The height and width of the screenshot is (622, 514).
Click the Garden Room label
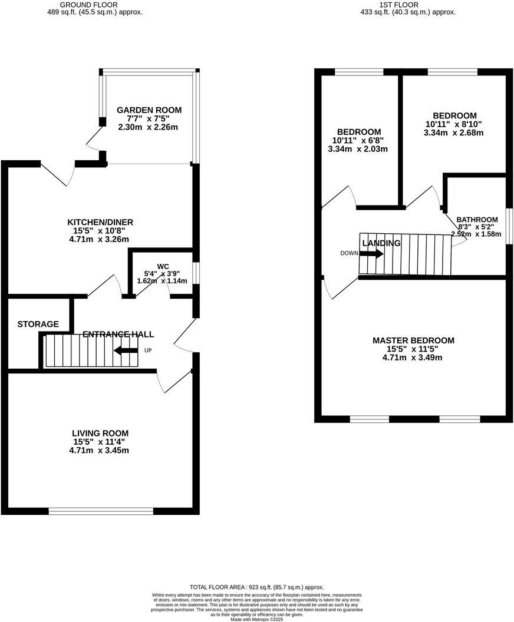point(149,110)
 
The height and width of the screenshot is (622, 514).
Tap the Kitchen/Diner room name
point(100,222)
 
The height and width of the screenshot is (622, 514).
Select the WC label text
point(163,266)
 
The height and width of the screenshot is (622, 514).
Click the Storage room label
point(38,324)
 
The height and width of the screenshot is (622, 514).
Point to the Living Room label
point(100,433)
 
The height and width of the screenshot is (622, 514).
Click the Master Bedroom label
point(413,340)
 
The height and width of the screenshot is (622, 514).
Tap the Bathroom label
point(477,219)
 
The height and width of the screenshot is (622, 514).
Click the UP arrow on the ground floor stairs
point(126,351)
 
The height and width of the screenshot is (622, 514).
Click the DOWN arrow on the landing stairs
point(371,254)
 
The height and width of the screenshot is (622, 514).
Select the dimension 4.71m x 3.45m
point(100,451)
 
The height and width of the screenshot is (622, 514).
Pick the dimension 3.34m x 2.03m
point(359,149)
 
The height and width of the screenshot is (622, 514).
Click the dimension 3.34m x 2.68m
point(454,133)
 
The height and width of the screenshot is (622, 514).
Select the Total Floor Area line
point(256,587)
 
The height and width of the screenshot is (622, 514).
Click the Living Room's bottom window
point(101,511)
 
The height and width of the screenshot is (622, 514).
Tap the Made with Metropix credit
point(256,619)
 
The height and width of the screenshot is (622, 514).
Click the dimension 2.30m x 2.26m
point(149,127)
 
